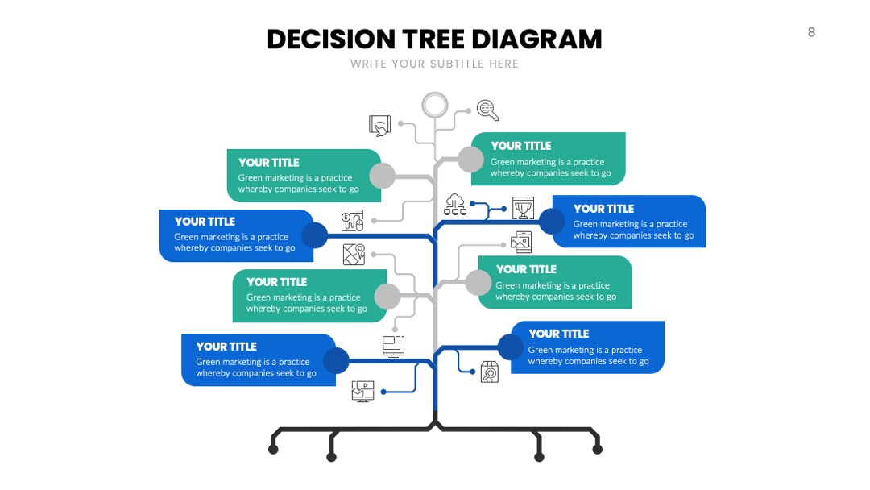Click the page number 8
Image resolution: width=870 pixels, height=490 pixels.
pos(811,32)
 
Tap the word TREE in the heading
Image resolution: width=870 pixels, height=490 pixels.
pos(433,39)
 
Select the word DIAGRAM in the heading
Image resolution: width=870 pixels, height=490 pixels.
pos(536,39)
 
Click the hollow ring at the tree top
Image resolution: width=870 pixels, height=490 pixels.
pos(434,93)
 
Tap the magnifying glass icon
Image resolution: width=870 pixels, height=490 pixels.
pos(487,110)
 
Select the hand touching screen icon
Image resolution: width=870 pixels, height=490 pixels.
pos(380,126)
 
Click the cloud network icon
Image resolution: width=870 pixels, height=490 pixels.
pos(455,204)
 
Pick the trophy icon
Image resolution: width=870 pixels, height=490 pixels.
pos(523,208)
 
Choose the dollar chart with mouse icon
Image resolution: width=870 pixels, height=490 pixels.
pos(352,220)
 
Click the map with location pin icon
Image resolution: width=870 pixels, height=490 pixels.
pos(354,255)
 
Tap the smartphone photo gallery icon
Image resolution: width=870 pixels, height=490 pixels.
pos(521,243)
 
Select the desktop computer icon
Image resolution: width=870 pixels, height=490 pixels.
pos(393,347)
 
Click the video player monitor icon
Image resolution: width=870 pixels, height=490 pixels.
pos(362,391)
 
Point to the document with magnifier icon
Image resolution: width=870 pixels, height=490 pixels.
pos(490,372)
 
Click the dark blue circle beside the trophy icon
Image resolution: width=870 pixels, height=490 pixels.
pos(553,222)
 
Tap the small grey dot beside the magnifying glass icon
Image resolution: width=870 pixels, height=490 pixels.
pos(468,111)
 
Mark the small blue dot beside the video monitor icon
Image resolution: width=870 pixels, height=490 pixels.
pos(383,392)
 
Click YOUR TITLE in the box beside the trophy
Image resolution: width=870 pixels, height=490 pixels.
pos(603,209)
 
